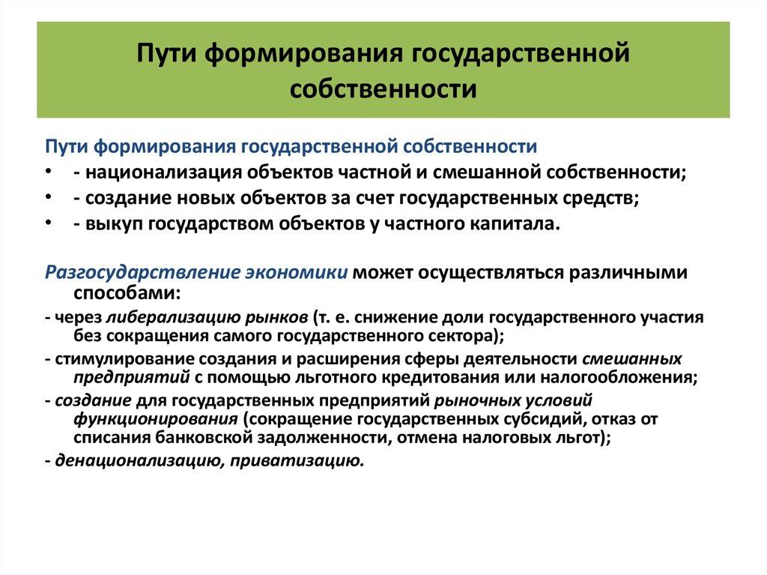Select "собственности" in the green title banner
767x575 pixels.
pyautogui.click(x=383, y=88)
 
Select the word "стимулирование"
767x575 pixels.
pyautogui.click(x=112, y=358)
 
